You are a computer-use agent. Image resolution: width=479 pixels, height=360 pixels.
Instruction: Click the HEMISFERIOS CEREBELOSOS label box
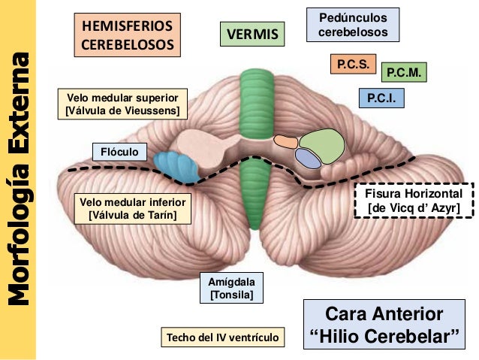tap(127, 35)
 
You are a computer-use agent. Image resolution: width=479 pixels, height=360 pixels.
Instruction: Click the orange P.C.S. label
tap(351, 65)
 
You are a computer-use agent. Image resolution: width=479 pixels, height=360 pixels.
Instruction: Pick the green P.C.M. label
tap(405, 73)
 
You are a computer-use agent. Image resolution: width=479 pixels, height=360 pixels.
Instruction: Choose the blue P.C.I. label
tap(381, 98)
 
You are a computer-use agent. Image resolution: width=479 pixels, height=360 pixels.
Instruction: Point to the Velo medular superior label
tap(122, 105)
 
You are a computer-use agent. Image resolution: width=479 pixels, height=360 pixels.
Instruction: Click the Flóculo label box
tap(119, 152)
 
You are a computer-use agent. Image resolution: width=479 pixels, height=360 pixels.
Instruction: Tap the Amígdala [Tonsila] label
tap(232, 288)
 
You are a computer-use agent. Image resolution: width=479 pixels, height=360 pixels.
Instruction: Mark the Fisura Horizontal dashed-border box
tap(413, 201)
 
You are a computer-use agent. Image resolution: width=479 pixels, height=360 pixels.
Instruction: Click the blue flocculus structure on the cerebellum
tap(176, 164)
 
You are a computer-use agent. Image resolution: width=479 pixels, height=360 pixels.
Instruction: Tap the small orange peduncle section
tap(285, 141)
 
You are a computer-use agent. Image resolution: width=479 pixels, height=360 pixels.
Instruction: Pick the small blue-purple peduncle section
tap(307, 157)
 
